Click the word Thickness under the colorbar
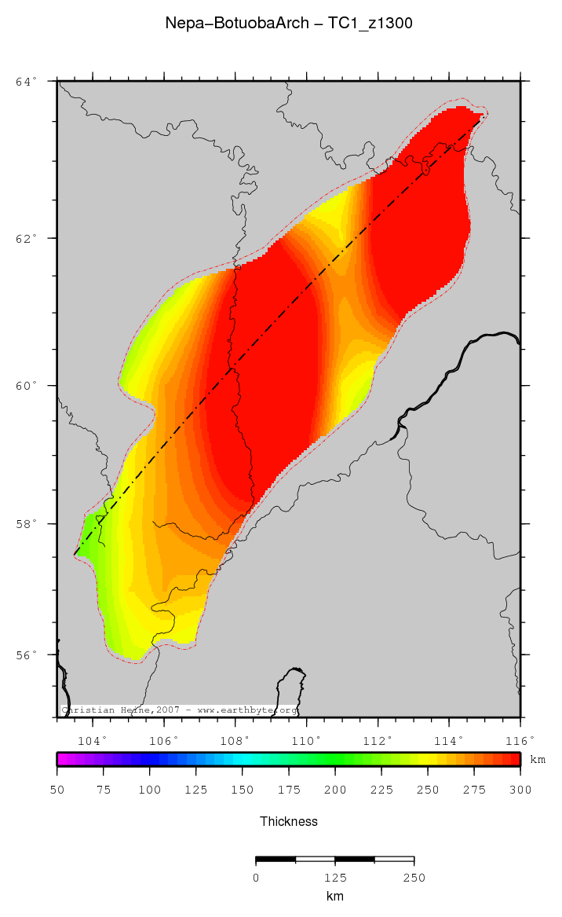click(288, 821)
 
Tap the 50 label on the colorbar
click(57, 789)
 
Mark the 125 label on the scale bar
click(335, 877)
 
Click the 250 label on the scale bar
click(414, 877)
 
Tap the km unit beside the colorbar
click(538, 760)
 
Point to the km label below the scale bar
click(335, 896)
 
